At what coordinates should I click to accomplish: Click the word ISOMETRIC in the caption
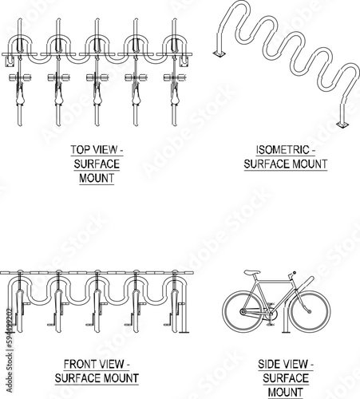click(283, 150)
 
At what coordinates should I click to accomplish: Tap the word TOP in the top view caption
click(80, 149)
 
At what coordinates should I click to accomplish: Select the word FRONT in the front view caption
click(79, 364)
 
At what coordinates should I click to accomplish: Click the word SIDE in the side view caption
click(268, 364)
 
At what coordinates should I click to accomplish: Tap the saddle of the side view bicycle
click(252, 272)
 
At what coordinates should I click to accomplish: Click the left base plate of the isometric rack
click(220, 54)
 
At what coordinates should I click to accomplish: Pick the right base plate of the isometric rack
click(342, 124)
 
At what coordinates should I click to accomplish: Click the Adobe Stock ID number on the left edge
click(10, 328)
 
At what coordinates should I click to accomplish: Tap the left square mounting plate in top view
click(10, 61)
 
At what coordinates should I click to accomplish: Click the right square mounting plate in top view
click(184, 61)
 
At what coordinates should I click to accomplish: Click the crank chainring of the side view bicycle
click(271, 314)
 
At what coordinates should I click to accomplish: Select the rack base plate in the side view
click(286, 332)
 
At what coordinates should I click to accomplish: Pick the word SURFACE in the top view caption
click(97, 164)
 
